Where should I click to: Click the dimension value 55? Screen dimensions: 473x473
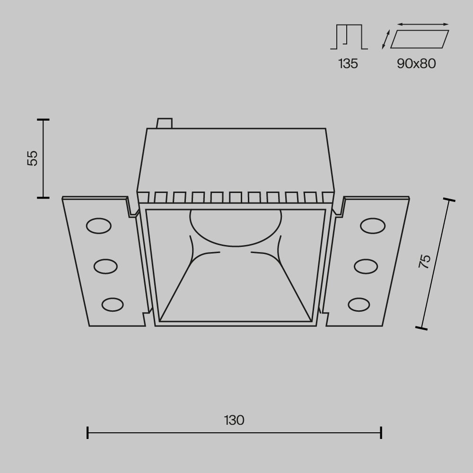pos(32,158)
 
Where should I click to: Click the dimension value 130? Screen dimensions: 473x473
pos(235,420)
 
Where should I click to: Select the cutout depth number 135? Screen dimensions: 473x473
pos(348,64)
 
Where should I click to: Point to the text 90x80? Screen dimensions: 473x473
pos(416,64)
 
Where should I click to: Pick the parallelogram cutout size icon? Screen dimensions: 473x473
pos(420,39)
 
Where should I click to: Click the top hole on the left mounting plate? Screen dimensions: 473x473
pos(98,226)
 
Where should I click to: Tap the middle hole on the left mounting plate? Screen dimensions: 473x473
pos(105,266)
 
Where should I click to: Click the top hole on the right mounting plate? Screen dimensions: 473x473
pos(372,226)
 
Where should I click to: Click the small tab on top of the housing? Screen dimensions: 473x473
pos(164,123)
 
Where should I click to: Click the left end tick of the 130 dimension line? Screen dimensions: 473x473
pos(88,432)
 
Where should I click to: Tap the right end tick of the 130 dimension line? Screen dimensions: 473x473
pos(381,432)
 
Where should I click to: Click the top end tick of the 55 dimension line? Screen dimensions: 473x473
pos(43,119)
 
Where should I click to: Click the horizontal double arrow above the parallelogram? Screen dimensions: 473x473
pos(422,24)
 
